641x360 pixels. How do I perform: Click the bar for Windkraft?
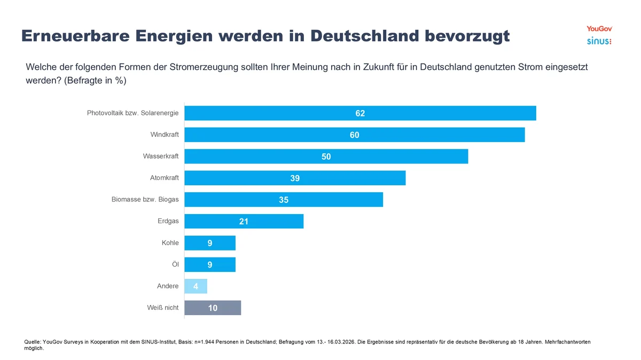tap(354, 135)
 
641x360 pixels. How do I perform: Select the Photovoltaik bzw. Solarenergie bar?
tap(360, 113)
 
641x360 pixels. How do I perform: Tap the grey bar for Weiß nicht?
tap(213, 308)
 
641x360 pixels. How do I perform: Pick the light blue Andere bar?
tap(196, 286)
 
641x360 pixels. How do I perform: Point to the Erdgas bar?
tap(244, 221)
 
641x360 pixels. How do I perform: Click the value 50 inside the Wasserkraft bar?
tap(326, 157)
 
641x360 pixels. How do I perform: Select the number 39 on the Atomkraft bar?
tap(295, 178)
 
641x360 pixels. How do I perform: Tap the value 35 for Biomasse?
tap(284, 200)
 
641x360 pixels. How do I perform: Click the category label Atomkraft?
tap(165, 178)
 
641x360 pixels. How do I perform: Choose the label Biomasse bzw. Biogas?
tap(145, 199)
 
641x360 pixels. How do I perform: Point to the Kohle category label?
tap(170, 242)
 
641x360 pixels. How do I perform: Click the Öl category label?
tap(175, 264)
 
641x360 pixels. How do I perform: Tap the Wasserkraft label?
tap(161, 156)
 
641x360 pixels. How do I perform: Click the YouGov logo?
tap(599, 28)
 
